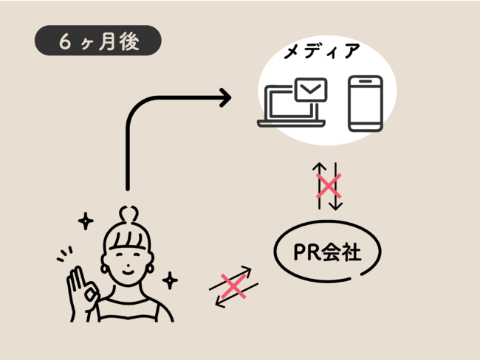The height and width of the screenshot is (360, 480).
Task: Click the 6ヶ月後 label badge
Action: click(97, 42)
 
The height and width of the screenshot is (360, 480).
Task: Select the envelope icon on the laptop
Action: click(310, 91)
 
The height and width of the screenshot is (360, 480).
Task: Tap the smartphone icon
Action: click(365, 104)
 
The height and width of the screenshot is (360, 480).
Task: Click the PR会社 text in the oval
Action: click(327, 253)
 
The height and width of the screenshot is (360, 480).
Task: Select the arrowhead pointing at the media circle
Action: click(223, 97)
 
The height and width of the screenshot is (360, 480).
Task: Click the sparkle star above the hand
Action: click(86, 221)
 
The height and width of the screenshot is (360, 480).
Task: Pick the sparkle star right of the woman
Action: click(171, 280)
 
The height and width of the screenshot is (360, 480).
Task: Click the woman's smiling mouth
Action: click(128, 270)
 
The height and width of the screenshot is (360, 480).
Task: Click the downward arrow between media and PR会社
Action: click(335, 186)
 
